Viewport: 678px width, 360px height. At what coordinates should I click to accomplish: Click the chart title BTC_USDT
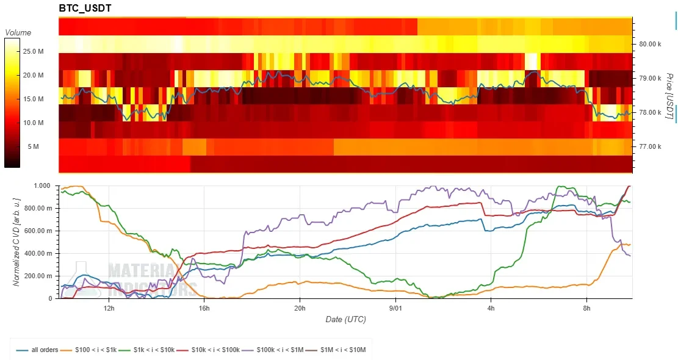(85, 8)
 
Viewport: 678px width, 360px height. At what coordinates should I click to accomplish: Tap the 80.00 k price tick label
(650, 44)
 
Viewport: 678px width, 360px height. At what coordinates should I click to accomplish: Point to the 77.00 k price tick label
(650, 146)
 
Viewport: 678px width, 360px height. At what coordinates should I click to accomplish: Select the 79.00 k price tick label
(650, 78)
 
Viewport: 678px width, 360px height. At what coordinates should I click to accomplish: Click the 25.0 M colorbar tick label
(33, 51)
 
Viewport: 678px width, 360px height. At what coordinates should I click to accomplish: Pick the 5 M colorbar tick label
(34, 146)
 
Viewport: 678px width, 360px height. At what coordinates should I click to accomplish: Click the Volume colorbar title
(18, 32)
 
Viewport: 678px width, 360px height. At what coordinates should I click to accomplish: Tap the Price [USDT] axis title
(669, 96)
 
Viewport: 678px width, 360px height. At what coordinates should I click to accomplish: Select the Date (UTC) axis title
(345, 319)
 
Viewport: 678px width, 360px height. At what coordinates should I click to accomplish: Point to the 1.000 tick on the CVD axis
(42, 186)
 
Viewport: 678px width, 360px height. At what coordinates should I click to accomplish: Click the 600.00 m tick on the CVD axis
(38, 231)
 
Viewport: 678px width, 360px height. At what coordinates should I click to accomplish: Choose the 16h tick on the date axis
(204, 308)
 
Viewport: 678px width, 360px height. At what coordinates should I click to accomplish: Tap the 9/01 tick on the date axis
(395, 308)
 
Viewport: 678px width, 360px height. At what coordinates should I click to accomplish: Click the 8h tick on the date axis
(586, 308)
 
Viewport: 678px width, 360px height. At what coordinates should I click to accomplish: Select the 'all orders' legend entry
(37, 350)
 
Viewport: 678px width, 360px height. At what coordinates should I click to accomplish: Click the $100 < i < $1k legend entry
(88, 350)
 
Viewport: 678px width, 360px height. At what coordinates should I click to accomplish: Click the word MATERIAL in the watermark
(143, 271)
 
